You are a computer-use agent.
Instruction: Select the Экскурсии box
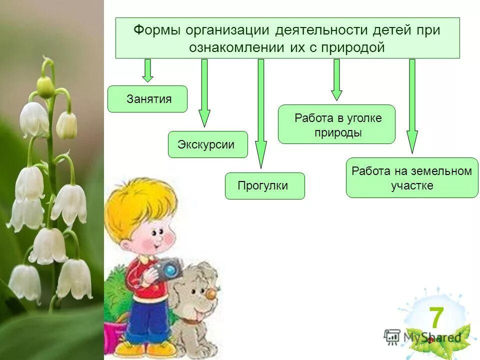tap(207, 144)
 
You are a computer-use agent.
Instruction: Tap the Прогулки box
tap(264, 186)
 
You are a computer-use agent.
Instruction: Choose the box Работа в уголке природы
tap(336, 124)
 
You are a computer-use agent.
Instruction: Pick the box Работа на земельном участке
tap(412, 178)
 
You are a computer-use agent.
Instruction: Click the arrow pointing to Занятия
tap(147, 70)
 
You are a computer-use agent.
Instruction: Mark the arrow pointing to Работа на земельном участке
tap(412, 105)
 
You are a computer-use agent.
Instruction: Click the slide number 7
tap(436, 318)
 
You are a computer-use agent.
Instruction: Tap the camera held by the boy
tap(167, 270)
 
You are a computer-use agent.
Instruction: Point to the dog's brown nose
tap(211, 295)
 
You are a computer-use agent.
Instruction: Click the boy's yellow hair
tap(140, 200)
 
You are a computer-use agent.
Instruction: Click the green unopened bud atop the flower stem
tap(45, 87)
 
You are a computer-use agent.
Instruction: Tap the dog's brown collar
tap(188, 320)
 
